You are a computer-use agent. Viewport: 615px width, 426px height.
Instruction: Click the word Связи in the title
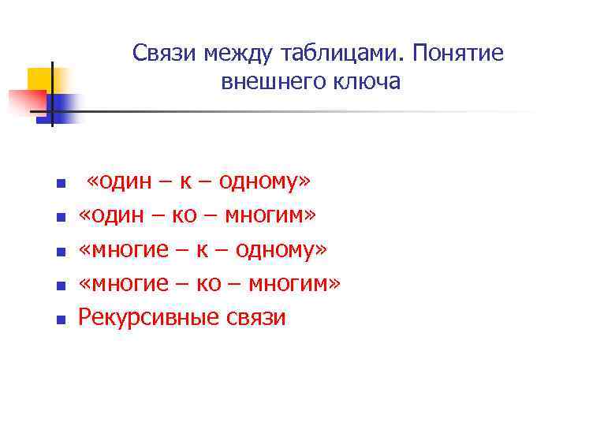[164, 54]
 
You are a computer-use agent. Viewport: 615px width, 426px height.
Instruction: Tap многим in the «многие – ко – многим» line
[293, 284]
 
